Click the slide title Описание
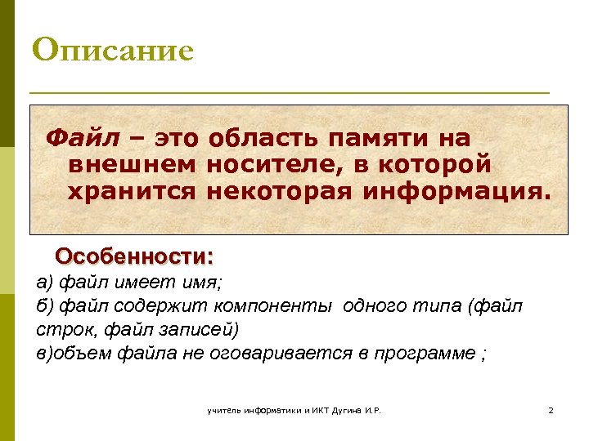[113, 50]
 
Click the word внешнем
[132, 164]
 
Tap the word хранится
[132, 192]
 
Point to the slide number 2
[551, 410]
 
